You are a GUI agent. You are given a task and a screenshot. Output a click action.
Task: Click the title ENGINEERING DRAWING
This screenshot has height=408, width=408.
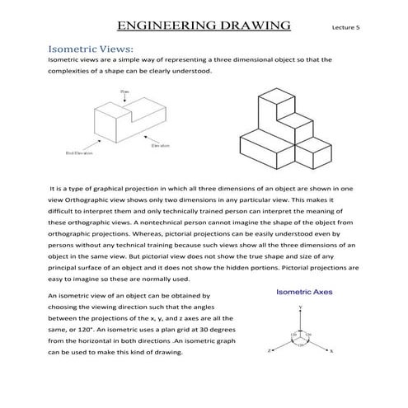coord(204,26)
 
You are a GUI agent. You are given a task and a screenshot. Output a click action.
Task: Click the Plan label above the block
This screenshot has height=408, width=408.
coord(124,91)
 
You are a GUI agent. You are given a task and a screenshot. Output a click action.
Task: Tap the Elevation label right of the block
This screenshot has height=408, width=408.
coord(161,148)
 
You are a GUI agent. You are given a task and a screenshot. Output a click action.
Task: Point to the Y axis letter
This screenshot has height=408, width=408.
coord(301,307)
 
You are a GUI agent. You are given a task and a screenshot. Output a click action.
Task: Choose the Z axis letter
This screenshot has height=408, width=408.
coord(270,349)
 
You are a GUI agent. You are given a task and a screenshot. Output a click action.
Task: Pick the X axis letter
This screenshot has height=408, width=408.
coord(331,350)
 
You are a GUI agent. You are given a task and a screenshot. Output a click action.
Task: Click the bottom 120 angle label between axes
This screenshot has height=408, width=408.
coord(301,341)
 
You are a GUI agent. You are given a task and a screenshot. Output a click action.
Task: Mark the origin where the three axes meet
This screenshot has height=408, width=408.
coord(301,334)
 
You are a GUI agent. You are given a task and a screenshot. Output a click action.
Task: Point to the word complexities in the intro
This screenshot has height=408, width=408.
coord(71,71)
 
